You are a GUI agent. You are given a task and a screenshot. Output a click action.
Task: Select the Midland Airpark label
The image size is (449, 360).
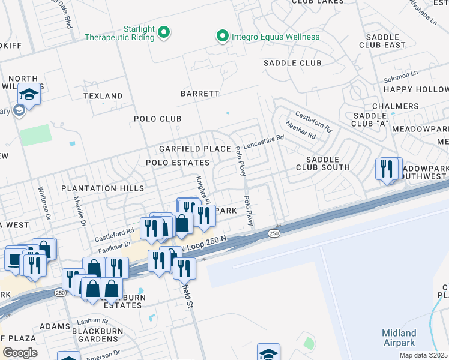(399, 338)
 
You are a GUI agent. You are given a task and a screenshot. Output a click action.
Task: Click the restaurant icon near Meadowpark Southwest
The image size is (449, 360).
(388, 168)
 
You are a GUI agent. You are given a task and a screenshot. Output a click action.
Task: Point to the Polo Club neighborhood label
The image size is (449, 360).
(157, 119)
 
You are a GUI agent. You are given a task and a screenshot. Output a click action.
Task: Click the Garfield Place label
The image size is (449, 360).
(194, 149)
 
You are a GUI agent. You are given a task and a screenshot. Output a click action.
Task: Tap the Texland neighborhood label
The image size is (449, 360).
(103, 96)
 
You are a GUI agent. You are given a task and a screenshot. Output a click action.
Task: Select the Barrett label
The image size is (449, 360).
(200, 94)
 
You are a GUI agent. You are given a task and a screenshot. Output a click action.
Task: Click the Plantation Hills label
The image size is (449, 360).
(103, 188)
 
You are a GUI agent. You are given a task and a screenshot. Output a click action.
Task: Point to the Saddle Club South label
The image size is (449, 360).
(322, 163)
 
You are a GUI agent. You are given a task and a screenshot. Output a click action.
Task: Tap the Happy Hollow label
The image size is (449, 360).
(415, 89)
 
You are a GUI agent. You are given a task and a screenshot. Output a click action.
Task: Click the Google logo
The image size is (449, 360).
(19, 353)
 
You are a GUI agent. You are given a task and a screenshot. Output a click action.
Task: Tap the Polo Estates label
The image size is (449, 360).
(178, 163)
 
